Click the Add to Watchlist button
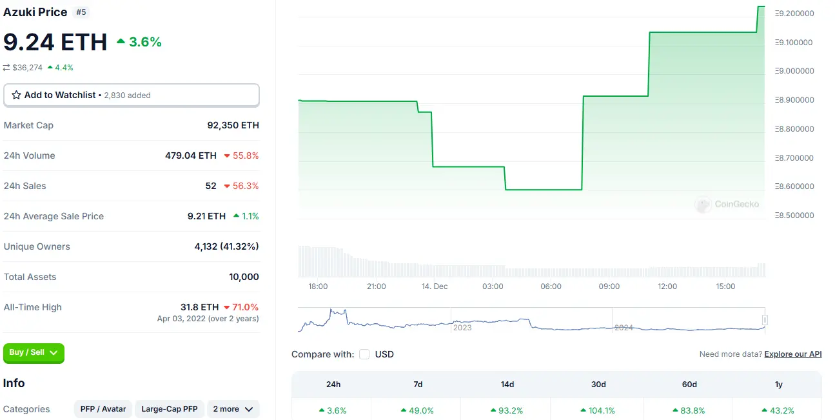click(x=131, y=95)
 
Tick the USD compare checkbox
click(x=364, y=354)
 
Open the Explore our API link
click(x=792, y=354)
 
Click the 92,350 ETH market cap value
click(x=233, y=125)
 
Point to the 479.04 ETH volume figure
click(x=191, y=155)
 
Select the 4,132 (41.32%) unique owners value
click(x=226, y=246)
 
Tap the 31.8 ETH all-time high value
click(x=199, y=307)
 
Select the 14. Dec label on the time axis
click(x=434, y=286)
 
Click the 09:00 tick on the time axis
click(x=609, y=286)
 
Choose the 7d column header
click(x=418, y=385)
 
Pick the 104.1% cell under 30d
click(x=598, y=410)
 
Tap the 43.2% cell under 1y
click(x=778, y=410)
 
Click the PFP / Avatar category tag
click(x=103, y=409)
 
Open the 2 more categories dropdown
click(x=233, y=409)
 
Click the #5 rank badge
click(x=81, y=12)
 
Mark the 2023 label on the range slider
click(x=462, y=328)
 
